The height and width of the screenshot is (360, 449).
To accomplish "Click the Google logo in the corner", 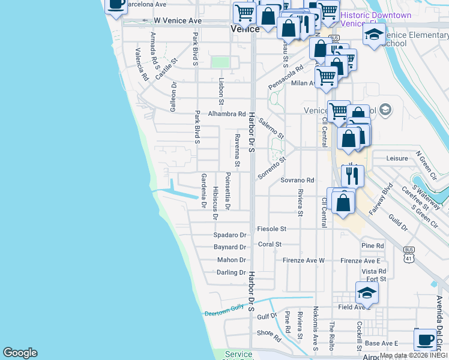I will tap(20, 353).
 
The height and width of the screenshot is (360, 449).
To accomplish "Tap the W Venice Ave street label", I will tap(177, 20).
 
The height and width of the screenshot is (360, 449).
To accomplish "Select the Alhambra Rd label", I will tap(227, 113).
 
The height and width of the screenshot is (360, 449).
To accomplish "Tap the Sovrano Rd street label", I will tap(298, 180).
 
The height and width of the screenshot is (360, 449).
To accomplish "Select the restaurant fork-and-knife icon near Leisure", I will tap(352, 176).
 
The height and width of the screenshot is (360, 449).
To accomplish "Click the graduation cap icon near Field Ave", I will tap(367, 292).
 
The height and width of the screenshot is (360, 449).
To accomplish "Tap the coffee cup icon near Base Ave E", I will tap(425, 339).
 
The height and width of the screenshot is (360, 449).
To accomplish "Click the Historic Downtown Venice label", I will tap(376, 19).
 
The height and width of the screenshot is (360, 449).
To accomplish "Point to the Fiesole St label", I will tap(271, 229).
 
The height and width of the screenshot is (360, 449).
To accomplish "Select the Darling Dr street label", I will tap(231, 272).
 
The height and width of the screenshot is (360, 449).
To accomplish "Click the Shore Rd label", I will tap(269, 332).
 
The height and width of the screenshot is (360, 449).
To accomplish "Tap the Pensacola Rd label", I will tap(286, 77).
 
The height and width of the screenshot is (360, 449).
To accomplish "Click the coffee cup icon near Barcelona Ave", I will tap(116, 4).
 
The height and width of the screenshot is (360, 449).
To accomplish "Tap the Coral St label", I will tap(270, 244).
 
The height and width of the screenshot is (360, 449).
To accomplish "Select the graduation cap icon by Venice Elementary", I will tap(374, 34).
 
